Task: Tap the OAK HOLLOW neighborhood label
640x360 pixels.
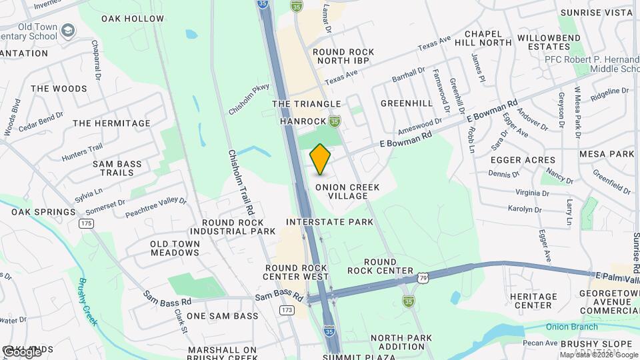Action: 132,19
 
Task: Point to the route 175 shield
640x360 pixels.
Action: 85,223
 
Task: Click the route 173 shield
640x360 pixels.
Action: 287,310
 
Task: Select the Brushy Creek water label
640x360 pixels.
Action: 88,301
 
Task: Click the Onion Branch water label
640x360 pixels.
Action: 569,326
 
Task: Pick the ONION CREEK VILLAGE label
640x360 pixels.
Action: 347,192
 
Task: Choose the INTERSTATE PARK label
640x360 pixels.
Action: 329,221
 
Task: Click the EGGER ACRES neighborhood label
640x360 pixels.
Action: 523,160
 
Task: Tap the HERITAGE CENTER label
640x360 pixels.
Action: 531,301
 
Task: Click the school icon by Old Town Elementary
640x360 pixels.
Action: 67,31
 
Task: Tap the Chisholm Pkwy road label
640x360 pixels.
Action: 248,99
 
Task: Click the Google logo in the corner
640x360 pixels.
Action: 22,352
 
